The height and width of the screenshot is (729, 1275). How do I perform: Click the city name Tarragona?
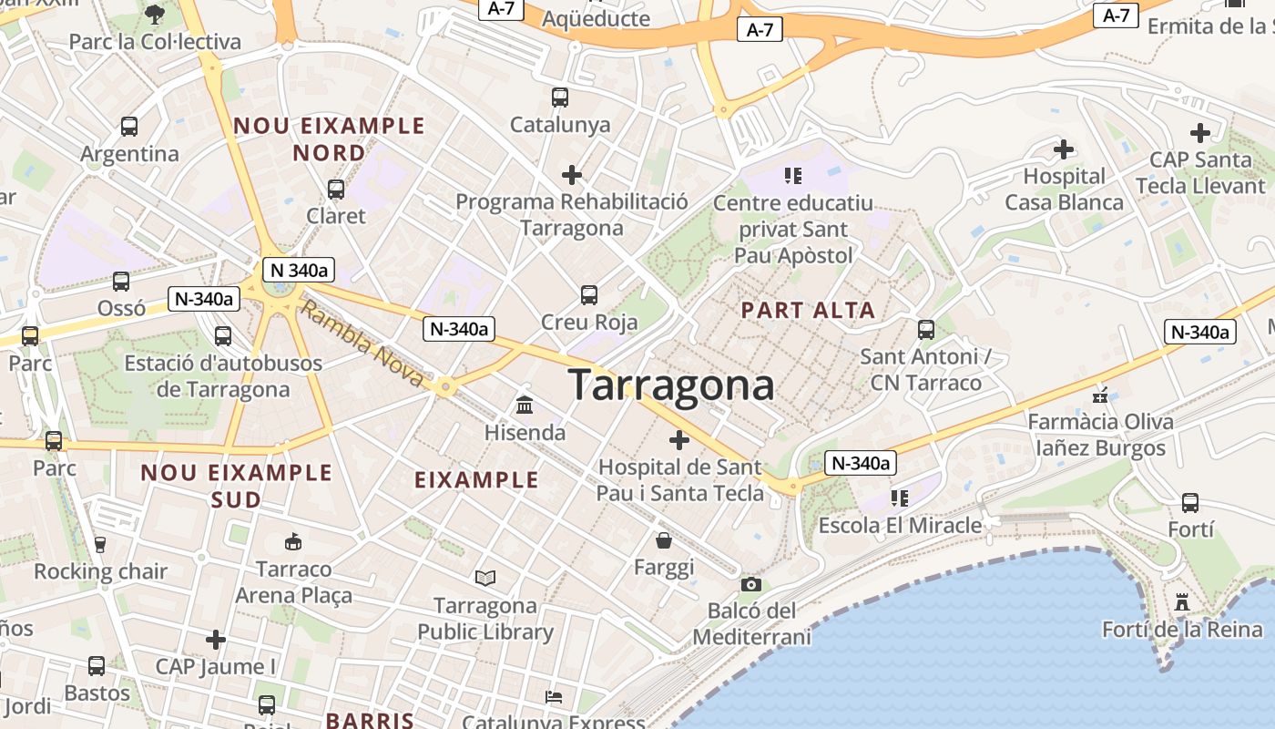[671, 385]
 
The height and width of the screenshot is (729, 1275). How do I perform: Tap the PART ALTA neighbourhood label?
[808, 311]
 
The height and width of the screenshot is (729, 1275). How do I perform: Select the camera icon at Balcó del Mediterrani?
[750, 584]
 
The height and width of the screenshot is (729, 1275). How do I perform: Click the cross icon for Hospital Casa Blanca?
[1063, 149]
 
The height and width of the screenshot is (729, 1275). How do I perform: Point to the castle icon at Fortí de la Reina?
[1182, 602]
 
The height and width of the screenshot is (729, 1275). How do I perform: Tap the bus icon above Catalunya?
[559, 97]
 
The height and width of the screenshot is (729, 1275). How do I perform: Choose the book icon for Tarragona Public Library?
[485, 578]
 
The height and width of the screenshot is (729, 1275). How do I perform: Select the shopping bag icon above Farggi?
[664, 540]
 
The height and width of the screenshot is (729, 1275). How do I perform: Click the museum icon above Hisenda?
[524, 405]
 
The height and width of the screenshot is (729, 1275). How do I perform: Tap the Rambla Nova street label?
[362, 345]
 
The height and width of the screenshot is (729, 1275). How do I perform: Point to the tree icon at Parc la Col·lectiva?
[154, 14]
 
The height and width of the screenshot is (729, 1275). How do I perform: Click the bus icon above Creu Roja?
[589, 294]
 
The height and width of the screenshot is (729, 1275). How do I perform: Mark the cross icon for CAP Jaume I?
[215, 639]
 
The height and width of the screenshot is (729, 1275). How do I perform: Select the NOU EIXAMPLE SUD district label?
[236, 486]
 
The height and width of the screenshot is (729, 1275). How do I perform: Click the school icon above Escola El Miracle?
[900, 498]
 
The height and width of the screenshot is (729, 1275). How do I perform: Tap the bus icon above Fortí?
[1189, 502]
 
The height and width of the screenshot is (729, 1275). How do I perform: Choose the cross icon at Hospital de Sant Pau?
[678, 440]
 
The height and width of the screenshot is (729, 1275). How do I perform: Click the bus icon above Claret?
[335, 189]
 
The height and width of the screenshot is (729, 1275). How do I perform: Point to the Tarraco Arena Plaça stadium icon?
[292, 542]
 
